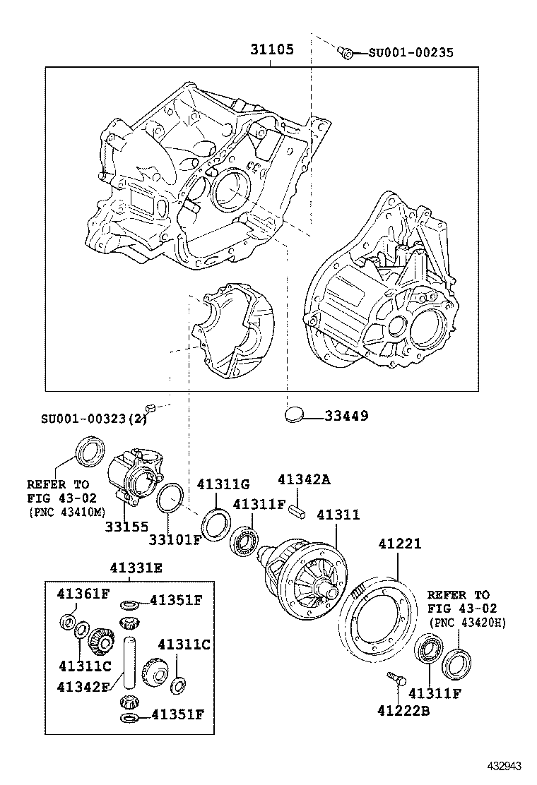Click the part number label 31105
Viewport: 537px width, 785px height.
click(271, 50)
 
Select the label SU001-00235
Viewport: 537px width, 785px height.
click(411, 52)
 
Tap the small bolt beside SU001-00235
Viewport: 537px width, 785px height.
click(346, 52)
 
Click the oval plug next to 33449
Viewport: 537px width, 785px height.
click(297, 414)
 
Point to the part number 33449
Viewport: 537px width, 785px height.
click(346, 416)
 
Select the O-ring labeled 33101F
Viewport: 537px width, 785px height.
click(170, 498)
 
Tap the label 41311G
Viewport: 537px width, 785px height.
click(223, 484)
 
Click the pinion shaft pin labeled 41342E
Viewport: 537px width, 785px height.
click(129, 660)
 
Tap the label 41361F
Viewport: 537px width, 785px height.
click(83, 593)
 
